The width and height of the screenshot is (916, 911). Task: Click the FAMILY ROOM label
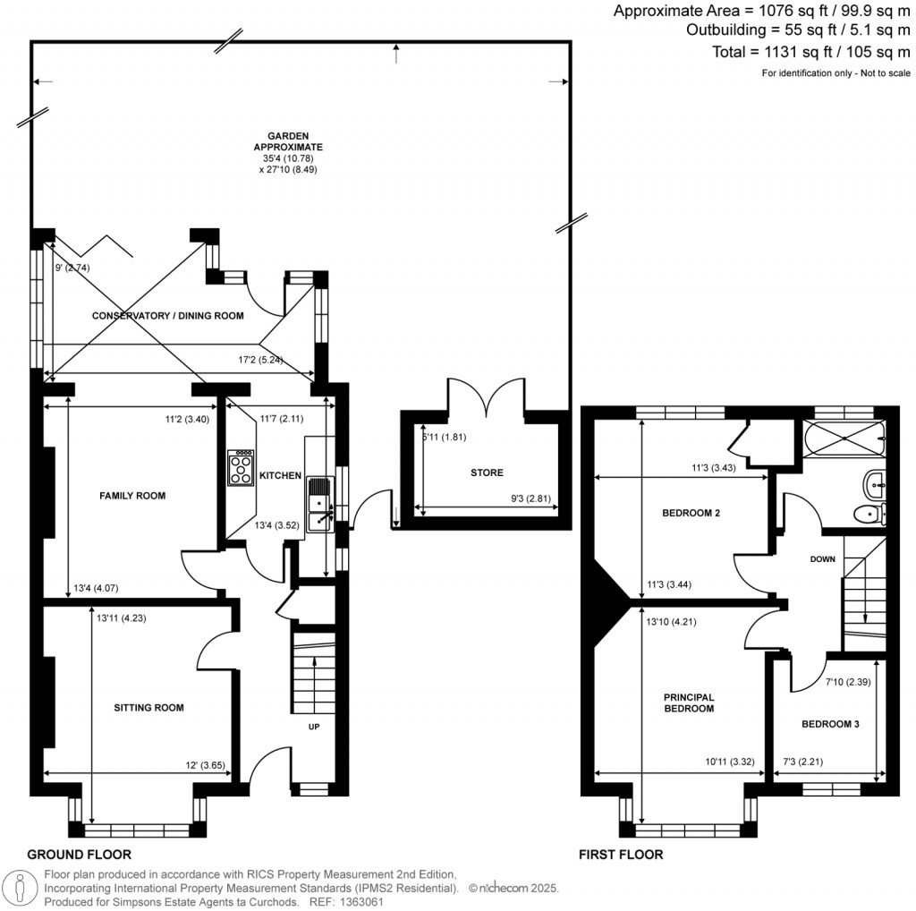[x=132, y=495]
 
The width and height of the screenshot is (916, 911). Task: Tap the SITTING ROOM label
[x=148, y=707]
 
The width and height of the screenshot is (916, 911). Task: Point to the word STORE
[x=487, y=473]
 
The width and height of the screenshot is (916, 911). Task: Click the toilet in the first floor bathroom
[x=869, y=513]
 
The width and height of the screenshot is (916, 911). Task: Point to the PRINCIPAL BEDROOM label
[x=688, y=702]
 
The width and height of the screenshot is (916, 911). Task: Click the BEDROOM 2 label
[x=691, y=514]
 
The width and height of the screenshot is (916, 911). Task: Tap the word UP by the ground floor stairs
[x=314, y=727]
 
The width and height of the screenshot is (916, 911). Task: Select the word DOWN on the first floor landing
[x=821, y=559]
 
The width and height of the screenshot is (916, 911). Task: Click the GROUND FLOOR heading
[x=79, y=855]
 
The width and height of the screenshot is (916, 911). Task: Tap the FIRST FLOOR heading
[x=621, y=855]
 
